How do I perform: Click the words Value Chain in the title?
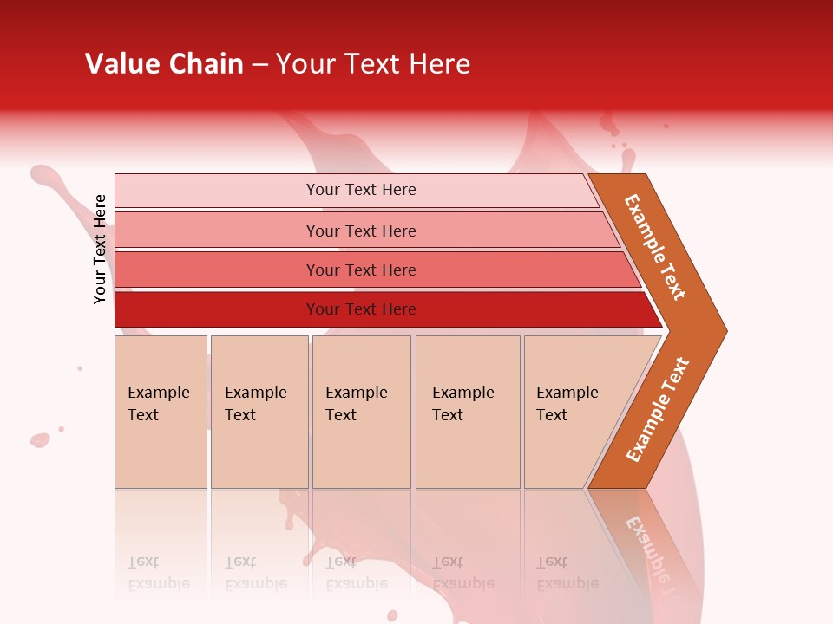click(x=164, y=64)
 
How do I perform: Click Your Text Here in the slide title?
click(x=373, y=64)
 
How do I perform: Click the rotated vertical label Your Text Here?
click(x=100, y=249)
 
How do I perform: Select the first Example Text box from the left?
click(x=161, y=412)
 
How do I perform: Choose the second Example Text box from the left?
click(x=259, y=412)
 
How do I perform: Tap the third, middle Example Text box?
click(x=361, y=412)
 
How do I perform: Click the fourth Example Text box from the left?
click(x=467, y=412)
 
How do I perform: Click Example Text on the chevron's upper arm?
click(x=655, y=247)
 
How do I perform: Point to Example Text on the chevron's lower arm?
click(x=658, y=410)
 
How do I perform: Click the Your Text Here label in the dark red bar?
click(x=361, y=309)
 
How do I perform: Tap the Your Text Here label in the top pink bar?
click(x=361, y=190)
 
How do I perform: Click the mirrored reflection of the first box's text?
click(x=158, y=573)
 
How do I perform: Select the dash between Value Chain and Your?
click(x=259, y=65)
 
